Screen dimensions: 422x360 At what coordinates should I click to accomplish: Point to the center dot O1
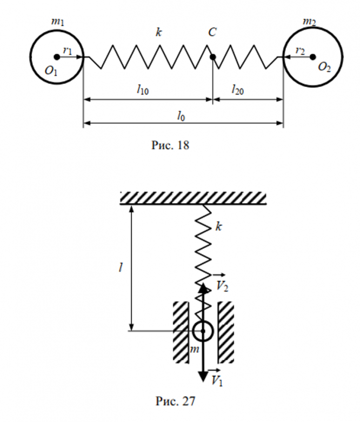(56, 57)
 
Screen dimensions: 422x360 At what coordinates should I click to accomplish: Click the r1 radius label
(68, 50)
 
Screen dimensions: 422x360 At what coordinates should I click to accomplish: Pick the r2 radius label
(301, 50)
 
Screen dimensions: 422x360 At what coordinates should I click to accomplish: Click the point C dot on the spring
(212, 57)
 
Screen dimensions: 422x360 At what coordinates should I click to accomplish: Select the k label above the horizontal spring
(158, 33)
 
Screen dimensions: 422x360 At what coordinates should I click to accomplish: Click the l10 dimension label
(143, 90)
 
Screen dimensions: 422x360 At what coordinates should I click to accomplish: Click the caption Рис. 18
(172, 145)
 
